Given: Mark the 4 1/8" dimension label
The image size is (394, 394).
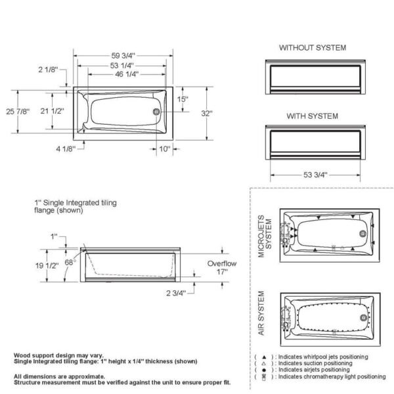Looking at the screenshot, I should coord(64,149).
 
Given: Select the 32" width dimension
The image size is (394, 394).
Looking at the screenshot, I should coord(207,114).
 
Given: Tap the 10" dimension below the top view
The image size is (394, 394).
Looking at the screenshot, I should coord(164,149).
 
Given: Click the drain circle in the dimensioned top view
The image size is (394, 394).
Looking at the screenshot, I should coord(156,112).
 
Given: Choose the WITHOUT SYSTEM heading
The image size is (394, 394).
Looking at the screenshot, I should coord(313,48).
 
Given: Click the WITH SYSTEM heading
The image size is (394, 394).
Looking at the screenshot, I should coord(313,116).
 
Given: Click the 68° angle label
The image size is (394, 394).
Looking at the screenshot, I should coord(70,262).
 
